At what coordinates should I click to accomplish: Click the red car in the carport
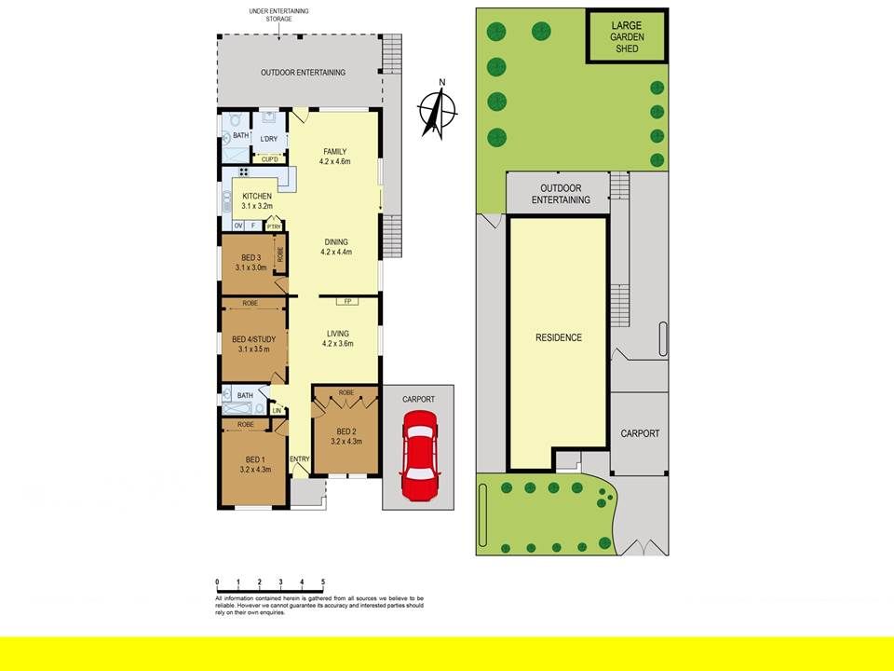[x=419, y=456]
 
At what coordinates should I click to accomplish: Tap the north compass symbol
[x=437, y=109]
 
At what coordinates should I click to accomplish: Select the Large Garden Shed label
[x=627, y=36]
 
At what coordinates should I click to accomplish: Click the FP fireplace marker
[x=347, y=301]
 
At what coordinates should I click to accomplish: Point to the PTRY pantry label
[x=274, y=227]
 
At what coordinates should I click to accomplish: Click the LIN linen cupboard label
[x=278, y=411]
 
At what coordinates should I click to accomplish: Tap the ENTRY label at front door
[x=299, y=459]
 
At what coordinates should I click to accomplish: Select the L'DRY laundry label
[x=268, y=139]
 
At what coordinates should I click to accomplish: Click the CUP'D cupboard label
[x=270, y=159]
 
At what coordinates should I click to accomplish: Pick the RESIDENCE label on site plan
[x=559, y=337]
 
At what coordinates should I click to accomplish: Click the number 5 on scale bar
[x=323, y=582]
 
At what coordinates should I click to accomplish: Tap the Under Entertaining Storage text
[x=278, y=15]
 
